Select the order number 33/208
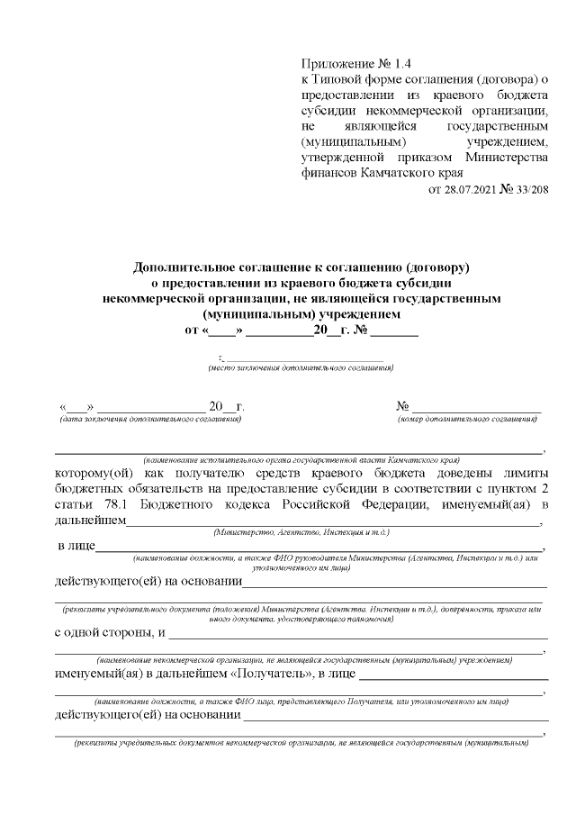coord(529,188)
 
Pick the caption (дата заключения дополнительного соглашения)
coord(149,420)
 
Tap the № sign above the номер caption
coord(403,406)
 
